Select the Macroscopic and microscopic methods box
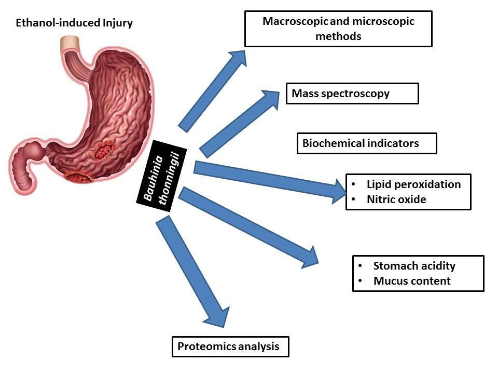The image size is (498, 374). (x=338, y=29)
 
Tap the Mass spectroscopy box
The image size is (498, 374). (x=352, y=94)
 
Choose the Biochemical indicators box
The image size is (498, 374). (x=366, y=143)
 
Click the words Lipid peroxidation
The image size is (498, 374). (x=413, y=184)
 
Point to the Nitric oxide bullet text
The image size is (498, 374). (x=396, y=199)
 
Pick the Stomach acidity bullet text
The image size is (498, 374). (x=414, y=266)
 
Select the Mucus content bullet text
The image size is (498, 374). (x=412, y=281)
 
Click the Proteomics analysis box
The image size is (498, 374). (x=230, y=346)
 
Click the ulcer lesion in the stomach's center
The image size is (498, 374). (x=103, y=151)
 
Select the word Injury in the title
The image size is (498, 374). (x=117, y=23)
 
